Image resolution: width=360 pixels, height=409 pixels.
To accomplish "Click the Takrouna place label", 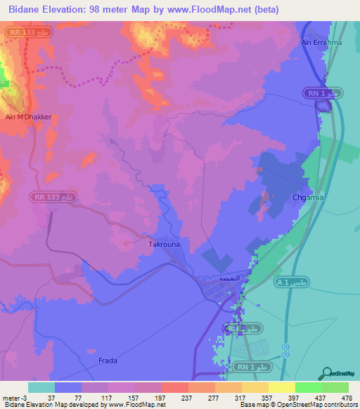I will (x=162, y=245).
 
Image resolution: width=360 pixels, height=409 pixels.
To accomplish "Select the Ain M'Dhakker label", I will (x=28, y=117).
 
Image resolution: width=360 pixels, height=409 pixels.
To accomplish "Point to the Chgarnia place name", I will (x=308, y=198).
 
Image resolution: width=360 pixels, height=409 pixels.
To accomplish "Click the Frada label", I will (x=108, y=361).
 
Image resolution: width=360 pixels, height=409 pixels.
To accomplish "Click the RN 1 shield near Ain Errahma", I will (x=323, y=93).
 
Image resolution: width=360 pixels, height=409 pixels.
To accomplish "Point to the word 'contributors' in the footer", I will (x=340, y=405).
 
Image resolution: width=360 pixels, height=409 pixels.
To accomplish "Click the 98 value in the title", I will (x=100, y=9).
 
